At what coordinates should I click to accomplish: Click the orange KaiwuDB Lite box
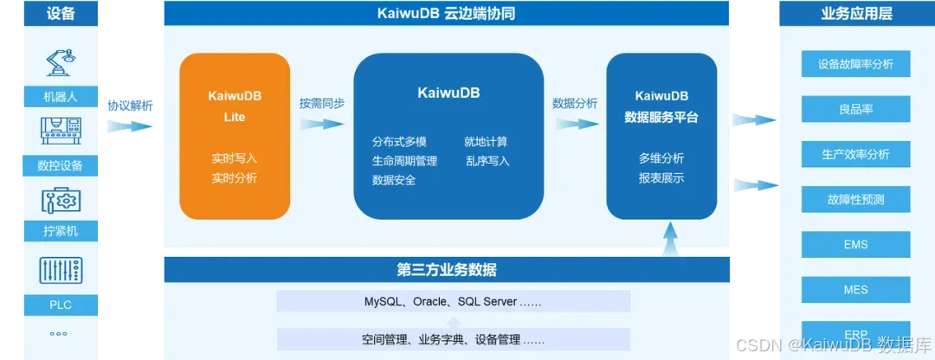[234, 136]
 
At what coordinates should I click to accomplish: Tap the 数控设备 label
[59, 165]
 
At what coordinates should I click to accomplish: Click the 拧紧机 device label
[59, 232]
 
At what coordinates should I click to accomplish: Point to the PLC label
[59, 304]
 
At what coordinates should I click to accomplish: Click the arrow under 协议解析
[130, 126]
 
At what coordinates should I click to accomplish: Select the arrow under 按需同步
[321, 123]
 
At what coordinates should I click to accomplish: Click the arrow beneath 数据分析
[574, 123]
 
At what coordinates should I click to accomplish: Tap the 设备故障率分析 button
[855, 64]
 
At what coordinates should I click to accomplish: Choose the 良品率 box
[855, 109]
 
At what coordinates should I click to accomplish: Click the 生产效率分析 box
[855, 154]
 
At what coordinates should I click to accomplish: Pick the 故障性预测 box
[855, 199]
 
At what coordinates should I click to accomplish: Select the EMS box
[855, 245]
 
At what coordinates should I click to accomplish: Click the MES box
[855, 290]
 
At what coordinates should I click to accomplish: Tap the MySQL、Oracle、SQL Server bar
[453, 301]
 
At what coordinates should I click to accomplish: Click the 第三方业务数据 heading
[447, 269]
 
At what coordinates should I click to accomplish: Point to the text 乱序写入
[487, 160]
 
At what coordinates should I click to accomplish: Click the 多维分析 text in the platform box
[661, 158]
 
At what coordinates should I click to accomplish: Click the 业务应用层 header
[855, 13]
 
